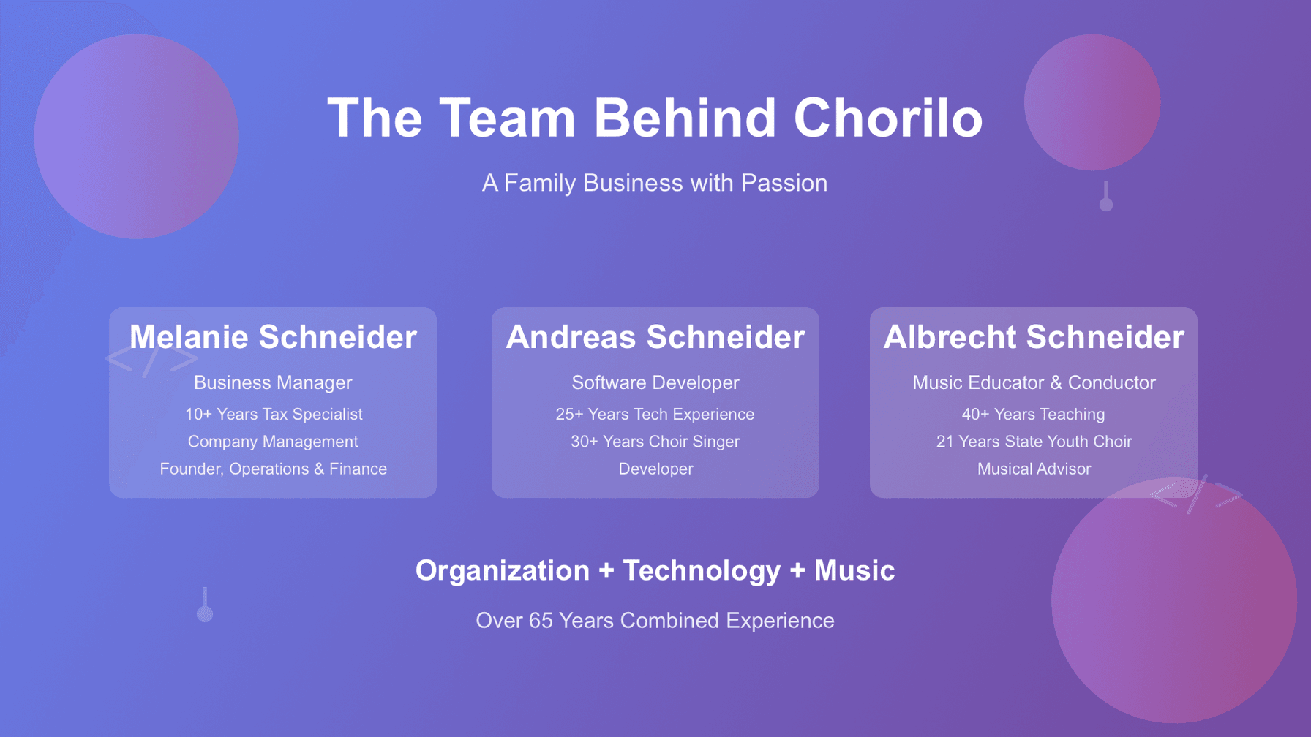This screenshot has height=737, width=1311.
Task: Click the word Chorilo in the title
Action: (x=887, y=118)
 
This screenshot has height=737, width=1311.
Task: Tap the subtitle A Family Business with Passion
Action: (x=655, y=183)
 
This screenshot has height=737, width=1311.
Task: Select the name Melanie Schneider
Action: (x=273, y=337)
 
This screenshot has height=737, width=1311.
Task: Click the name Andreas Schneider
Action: (x=655, y=337)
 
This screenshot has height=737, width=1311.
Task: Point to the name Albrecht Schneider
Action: (x=1034, y=337)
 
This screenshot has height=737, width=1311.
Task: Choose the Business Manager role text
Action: (x=273, y=382)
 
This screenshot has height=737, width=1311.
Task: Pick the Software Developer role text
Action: (x=655, y=382)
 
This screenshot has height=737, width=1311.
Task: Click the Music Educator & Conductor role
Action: (x=1034, y=382)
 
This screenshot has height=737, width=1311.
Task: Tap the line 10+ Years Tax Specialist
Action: (x=273, y=415)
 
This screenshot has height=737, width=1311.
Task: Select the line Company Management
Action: (x=273, y=442)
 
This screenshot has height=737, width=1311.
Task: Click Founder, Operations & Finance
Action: (x=273, y=469)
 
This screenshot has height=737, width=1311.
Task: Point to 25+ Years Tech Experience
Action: (x=655, y=415)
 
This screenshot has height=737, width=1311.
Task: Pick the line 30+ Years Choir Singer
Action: (x=655, y=442)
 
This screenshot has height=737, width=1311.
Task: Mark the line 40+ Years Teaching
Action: (x=1034, y=415)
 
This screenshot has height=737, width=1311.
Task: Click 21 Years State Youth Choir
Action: (x=1034, y=442)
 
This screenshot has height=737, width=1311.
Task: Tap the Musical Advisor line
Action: (x=1034, y=469)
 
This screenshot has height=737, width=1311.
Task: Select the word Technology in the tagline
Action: (x=701, y=570)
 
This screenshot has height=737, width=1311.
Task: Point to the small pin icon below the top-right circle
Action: (x=1106, y=197)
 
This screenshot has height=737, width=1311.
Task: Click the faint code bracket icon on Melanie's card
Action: (x=151, y=359)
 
